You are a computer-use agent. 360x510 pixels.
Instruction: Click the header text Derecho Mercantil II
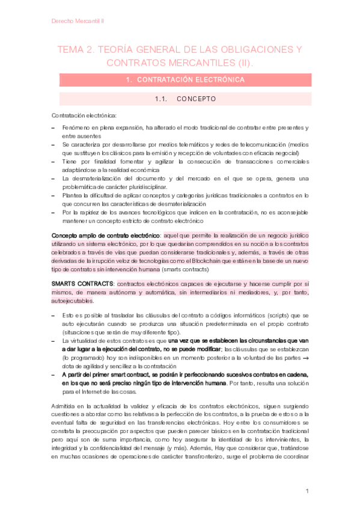[x=78, y=21]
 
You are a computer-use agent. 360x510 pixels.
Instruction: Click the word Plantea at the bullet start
[x=72, y=196]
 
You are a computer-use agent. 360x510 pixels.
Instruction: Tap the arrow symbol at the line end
[x=305, y=358]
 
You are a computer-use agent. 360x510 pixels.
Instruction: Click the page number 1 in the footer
[x=307, y=491]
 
